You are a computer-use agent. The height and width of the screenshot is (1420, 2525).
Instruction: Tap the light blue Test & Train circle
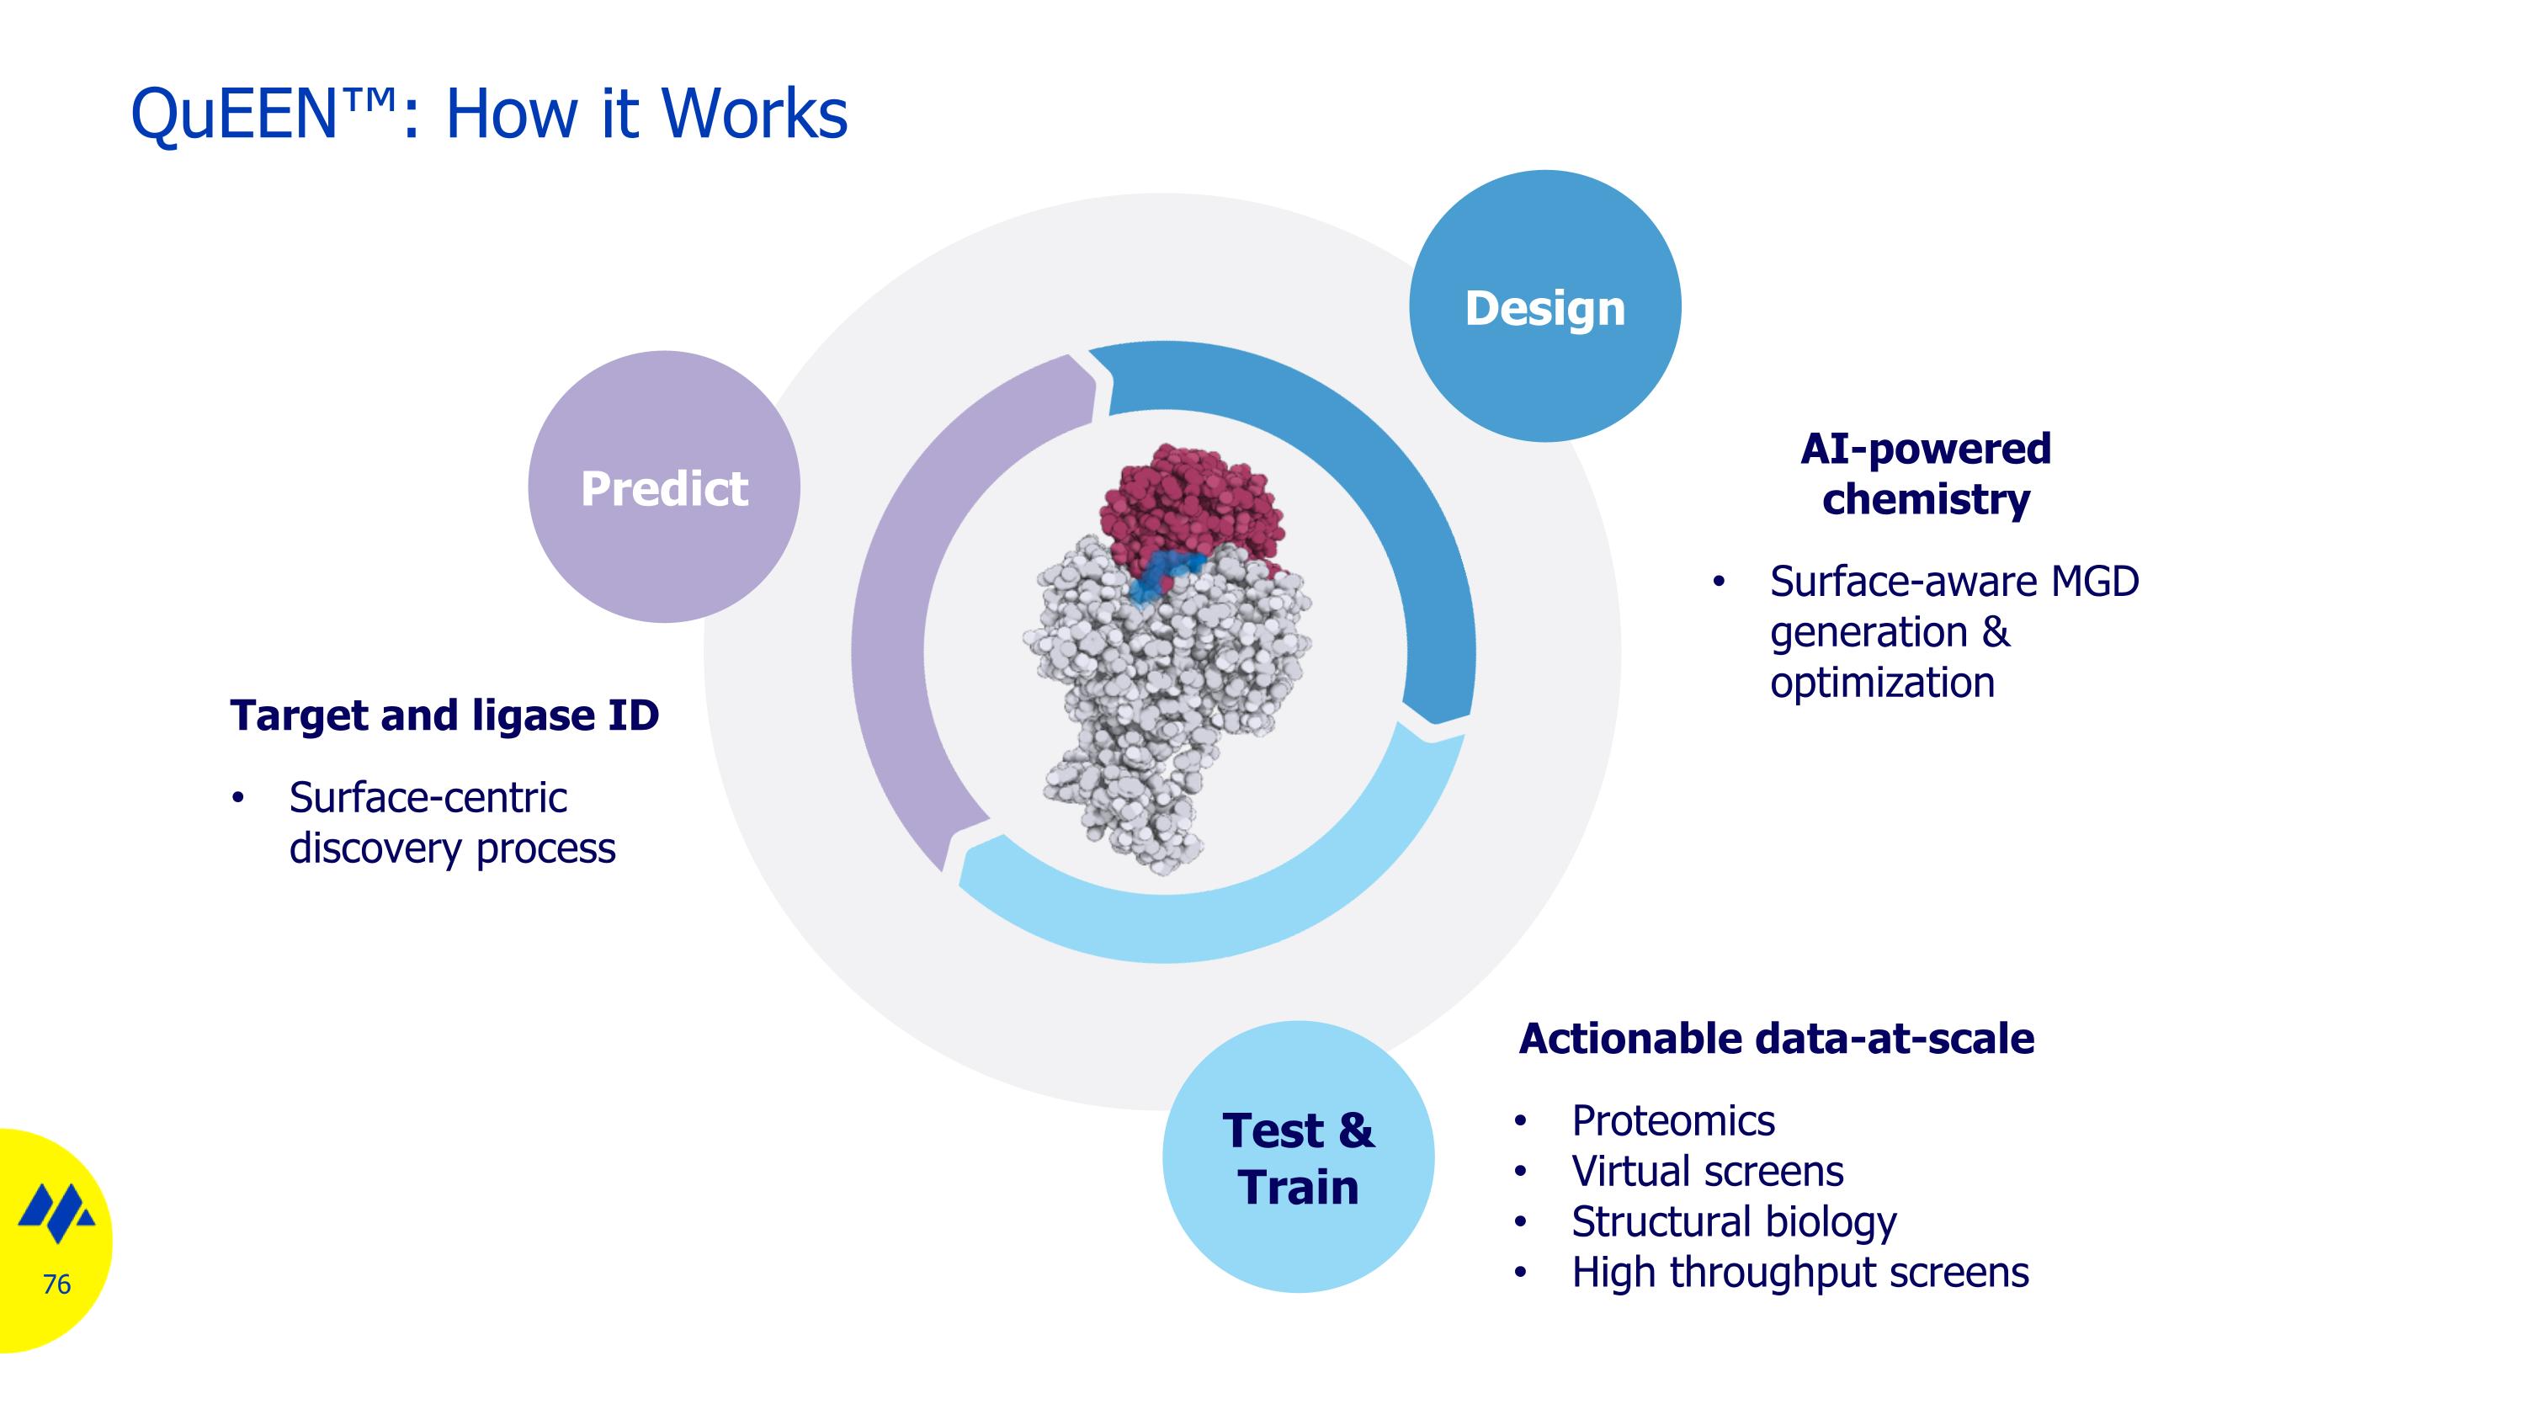pos(1298,1157)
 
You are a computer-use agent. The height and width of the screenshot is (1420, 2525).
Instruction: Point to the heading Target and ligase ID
pos(444,715)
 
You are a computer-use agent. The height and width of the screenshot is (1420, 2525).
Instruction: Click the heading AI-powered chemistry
pos(1925,473)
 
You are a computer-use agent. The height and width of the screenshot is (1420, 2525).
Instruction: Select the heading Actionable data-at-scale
pos(1776,1039)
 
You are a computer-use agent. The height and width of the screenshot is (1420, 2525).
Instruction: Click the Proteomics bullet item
pos(1672,1121)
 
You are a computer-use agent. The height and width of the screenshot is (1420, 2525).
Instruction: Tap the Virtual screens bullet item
pos(1707,1171)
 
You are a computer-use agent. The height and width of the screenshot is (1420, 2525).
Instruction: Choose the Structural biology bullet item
pos(1733,1222)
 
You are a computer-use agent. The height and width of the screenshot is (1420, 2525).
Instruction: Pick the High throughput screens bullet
pos(1799,1272)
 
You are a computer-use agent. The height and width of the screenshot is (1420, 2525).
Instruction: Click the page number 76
pos(57,1284)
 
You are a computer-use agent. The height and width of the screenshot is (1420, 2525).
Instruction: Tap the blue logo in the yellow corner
pos(57,1215)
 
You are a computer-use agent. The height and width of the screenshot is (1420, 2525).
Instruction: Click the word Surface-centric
pos(428,798)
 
